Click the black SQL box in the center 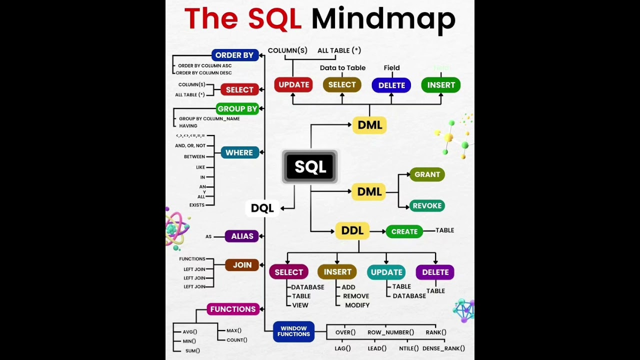tap(310, 167)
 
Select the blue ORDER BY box tap(234, 55)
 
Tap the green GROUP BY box tap(237, 108)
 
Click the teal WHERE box tap(239, 152)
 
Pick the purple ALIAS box tap(242, 236)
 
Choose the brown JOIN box tap(242, 265)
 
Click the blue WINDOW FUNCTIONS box tap(293, 331)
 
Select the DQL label tap(262, 208)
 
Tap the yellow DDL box tap(352, 230)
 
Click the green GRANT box tap(427, 174)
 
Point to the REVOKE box tap(427, 205)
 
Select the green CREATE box tap(404, 231)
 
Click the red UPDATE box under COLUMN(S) tap(293, 85)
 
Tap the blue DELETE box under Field tap(391, 85)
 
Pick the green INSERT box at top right tap(440, 85)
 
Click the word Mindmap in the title tap(383, 19)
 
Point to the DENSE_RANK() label tap(443, 348)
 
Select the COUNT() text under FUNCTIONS tap(236, 340)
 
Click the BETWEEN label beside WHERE tap(194, 156)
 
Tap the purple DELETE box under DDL tap(435, 272)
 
